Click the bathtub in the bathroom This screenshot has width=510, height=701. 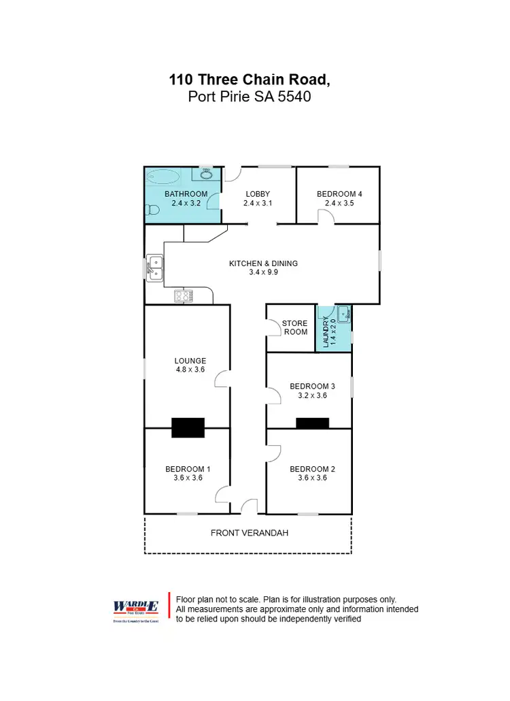[163, 178]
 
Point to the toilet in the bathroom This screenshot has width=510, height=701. [150, 213]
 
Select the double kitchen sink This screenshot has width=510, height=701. [154, 267]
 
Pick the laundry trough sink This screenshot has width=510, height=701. [343, 314]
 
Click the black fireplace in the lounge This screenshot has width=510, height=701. [188, 427]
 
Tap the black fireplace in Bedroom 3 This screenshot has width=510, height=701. [312, 423]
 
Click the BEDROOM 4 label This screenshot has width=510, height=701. [339, 194]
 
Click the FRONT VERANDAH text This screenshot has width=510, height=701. [249, 533]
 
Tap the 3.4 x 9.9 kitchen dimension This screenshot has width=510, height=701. [263, 272]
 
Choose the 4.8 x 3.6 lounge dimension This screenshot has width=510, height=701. [190, 370]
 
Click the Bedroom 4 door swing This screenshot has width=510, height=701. [325, 216]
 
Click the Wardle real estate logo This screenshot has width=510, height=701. [135, 607]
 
